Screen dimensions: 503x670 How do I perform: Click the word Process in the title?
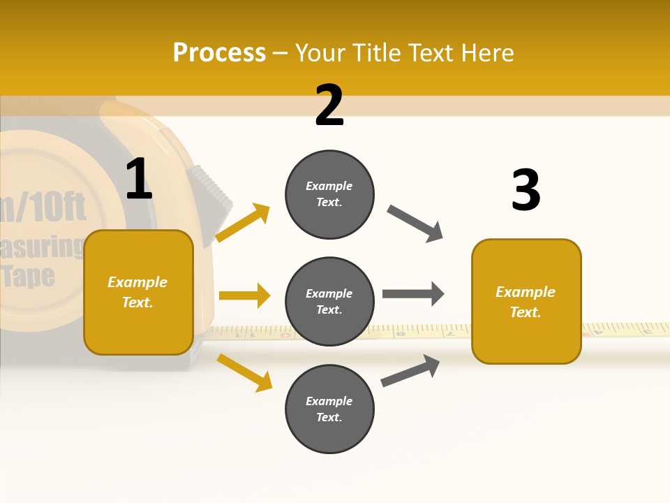click(219, 53)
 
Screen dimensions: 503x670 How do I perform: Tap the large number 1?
click(139, 179)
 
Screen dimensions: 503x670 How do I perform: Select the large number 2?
click(329, 105)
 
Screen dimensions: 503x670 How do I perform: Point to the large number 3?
click(526, 190)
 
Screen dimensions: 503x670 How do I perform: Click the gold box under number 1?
click(138, 292)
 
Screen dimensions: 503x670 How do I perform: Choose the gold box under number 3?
click(526, 301)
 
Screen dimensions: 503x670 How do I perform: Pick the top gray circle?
click(329, 194)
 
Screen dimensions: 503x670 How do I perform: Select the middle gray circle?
click(329, 301)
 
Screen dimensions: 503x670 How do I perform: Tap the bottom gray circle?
click(329, 409)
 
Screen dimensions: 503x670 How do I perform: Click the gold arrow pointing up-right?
click(242, 223)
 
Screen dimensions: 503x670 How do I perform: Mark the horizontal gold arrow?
click(244, 296)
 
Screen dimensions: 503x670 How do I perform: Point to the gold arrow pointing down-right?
click(244, 372)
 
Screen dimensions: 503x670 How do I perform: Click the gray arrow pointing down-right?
click(415, 224)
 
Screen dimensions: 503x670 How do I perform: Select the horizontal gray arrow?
click(412, 293)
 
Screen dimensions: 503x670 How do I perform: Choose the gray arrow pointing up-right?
click(410, 370)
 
